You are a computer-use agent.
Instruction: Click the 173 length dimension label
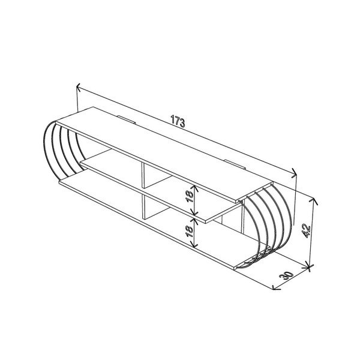pos(178,121)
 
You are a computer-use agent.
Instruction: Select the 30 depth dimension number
pos(286,275)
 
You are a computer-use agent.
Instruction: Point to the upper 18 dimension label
pos(189,197)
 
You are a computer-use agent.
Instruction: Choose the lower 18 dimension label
pos(189,231)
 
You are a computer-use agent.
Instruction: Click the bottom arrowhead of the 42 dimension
pos(309,266)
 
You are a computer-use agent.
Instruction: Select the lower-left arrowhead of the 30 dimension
pos(274,288)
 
